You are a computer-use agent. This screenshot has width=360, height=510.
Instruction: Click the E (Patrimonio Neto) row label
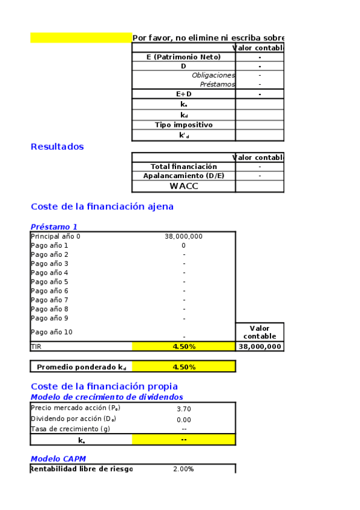pyautogui.click(x=183, y=57)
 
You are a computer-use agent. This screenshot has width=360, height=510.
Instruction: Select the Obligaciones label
pyautogui.click(x=213, y=75)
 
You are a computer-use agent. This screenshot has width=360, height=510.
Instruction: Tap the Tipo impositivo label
pyautogui.click(x=183, y=124)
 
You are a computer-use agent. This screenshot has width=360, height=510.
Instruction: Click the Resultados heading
pyautogui.click(x=57, y=147)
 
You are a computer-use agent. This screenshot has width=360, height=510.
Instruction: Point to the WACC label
pyautogui.click(x=183, y=186)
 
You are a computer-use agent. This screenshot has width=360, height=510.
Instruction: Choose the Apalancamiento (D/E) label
pyautogui.click(x=183, y=176)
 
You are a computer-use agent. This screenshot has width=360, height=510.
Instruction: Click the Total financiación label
pyautogui.click(x=183, y=166)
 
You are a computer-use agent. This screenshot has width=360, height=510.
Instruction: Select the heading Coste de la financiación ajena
pyautogui.click(x=102, y=206)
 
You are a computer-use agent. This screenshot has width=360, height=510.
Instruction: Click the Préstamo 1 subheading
pyautogui.click(x=54, y=227)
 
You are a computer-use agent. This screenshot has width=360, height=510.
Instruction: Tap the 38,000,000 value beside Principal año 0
pyautogui.click(x=183, y=236)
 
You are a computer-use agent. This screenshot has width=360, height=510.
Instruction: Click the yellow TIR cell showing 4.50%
pyautogui.click(x=183, y=346)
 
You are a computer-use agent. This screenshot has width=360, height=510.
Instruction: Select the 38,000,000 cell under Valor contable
pyautogui.click(x=260, y=346)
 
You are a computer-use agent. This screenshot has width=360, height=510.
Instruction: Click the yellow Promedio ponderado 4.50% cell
pyautogui.click(x=183, y=367)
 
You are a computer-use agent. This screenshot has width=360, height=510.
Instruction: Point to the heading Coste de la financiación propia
pyautogui.click(x=104, y=386)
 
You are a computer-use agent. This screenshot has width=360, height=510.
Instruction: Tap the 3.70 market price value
pyautogui.click(x=183, y=409)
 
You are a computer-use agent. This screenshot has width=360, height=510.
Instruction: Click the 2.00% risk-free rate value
pyautogui.click(x=183, y=469)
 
